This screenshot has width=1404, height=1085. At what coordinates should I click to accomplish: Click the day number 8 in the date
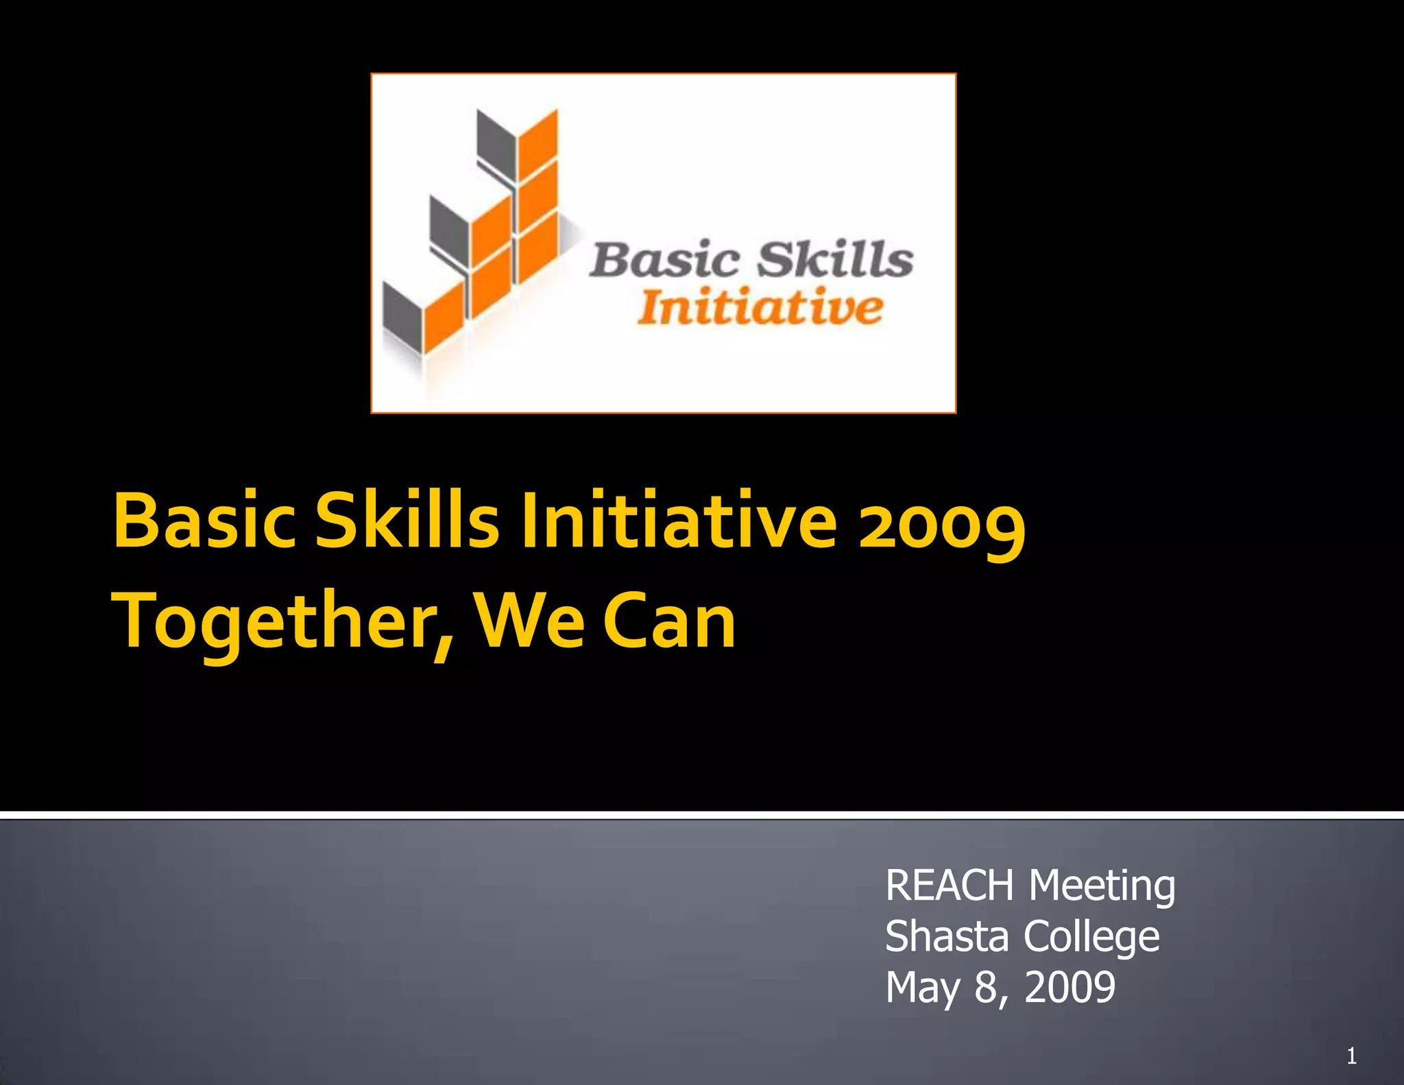985,988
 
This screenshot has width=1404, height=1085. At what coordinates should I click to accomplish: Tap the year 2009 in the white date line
1069,988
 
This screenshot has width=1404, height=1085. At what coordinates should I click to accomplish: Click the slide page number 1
1351,1056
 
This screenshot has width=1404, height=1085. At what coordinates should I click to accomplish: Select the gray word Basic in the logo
665,261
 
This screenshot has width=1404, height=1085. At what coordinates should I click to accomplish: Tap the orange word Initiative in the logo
760,308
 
